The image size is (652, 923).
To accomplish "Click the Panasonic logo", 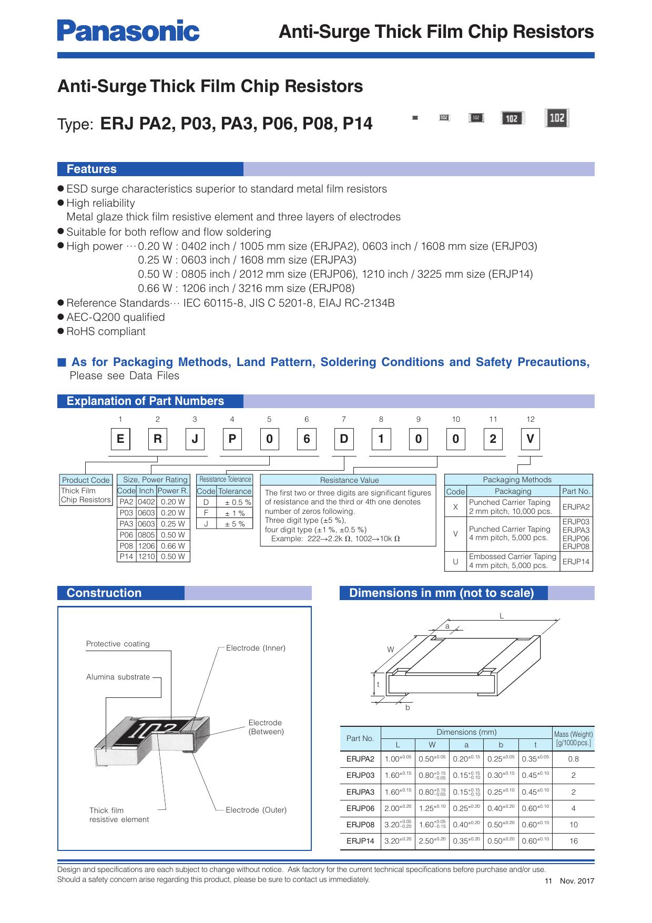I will [128, 31].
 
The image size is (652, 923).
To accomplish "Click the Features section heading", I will [91, 169].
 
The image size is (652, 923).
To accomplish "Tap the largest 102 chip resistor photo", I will [557, 118].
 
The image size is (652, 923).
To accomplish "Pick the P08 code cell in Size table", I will [126, 546].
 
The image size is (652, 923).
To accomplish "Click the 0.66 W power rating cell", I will [173, 546].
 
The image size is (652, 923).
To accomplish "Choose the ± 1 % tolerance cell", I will [235, 513].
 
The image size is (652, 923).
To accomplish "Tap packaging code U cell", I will [455, 561].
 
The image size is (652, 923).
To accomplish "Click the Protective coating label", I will [118, 644].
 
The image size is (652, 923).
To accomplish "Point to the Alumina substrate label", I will [118, 677].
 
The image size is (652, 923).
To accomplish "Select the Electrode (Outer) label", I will [256, 810].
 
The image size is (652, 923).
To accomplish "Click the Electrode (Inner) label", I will [256, 648].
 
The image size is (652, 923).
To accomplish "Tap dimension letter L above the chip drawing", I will [502, 616].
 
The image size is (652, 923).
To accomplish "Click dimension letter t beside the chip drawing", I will [378, 685].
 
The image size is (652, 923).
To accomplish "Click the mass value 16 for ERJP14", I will [573, 841].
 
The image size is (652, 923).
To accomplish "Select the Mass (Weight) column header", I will [573, 738].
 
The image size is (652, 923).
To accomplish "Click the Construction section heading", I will [104, 593].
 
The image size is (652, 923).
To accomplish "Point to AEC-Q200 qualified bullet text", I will [116, 317].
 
